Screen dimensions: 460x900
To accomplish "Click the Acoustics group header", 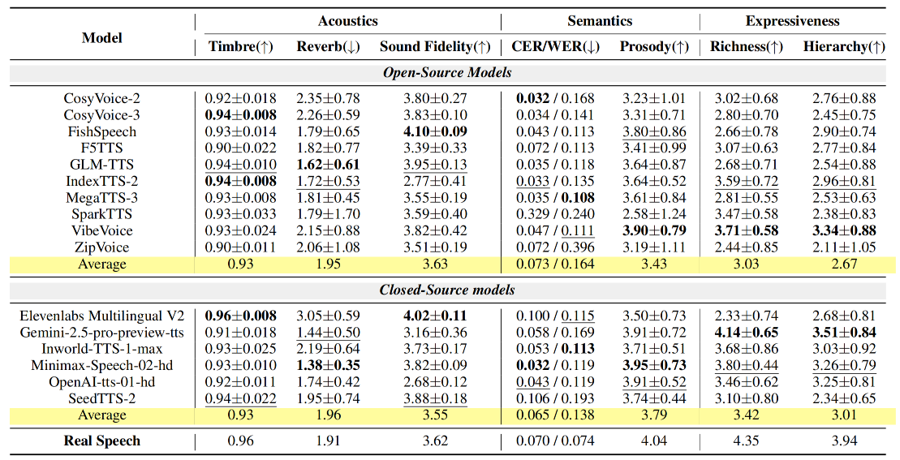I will click(347, 21).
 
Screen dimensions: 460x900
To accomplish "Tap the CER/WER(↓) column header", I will click(555, 46).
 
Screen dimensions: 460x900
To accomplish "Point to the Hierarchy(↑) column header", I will click(844, 46).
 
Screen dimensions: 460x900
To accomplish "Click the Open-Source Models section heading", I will click(447, 73).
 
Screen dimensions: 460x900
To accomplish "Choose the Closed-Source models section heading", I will click(447, 290).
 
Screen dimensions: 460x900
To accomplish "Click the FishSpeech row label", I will click(102, 131).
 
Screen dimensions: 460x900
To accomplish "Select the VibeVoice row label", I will click(102, 230).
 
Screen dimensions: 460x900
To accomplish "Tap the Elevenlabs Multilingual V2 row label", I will click(102, 316).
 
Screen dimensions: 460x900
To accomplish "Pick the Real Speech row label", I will click(102, 441).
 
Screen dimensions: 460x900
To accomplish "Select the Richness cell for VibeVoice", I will click(746, 230).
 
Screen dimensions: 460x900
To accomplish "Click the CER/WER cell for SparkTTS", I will click(555, 214).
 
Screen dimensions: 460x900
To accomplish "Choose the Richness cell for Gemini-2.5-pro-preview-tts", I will click(746, 332).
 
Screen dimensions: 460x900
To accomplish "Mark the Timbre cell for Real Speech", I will click(240, 441).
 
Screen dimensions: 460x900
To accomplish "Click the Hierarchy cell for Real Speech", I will click(844, 441).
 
